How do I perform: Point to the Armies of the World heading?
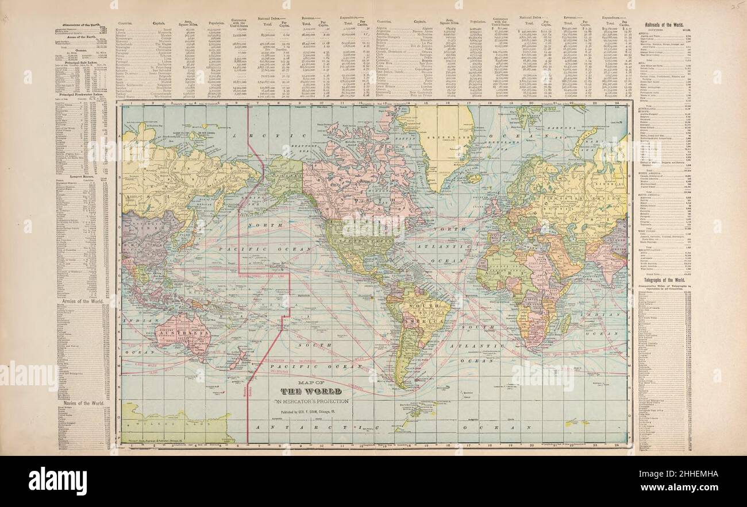(82, 300)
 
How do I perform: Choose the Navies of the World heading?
(82, 404)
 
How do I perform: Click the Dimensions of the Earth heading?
(82, 22)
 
